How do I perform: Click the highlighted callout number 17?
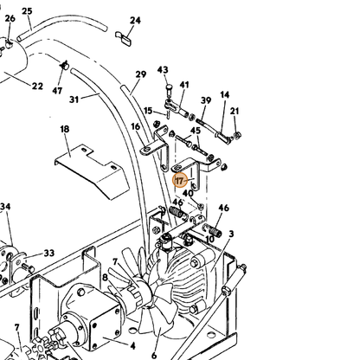(x=179, y=181)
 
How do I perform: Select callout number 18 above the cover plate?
(x=65, y=129)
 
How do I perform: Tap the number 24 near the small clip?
(x=135, y=21)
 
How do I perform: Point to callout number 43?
(x=163, y=70)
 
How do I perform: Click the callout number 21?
(x=235, y=111)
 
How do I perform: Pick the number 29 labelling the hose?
(x=141, y=74)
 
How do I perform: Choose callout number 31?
(x=74, y=100)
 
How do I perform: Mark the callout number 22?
(x=37, y=86)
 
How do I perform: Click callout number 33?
(x=49, y=253)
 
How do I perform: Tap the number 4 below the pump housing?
(x=132, y=345)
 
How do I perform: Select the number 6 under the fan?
(x=154, y=355)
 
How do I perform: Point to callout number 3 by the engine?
(x=231, y=234)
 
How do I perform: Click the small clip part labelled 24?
(x=124, y=38)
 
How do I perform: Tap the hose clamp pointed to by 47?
(x=64, y=65)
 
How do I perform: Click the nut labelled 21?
(x=238, y=135)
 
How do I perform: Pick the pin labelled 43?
(x=169, y=89)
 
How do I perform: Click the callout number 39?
(x=206, y=100)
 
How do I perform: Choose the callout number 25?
(x=27, y=11)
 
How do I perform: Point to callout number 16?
(x=135, y=126)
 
